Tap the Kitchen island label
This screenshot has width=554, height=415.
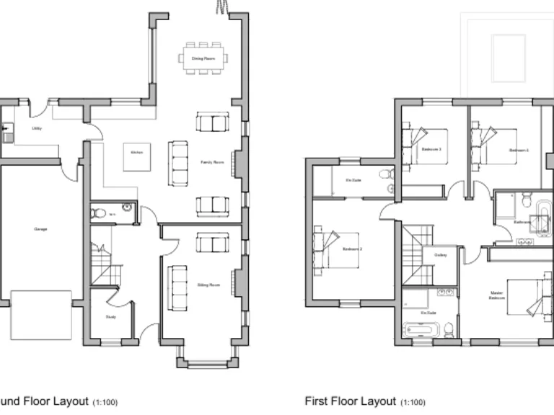[x=136, y=152]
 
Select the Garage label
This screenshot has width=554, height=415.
[x=40, y=229]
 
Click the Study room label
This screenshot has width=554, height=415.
[x=110, y=316]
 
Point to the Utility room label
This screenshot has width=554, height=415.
[x=36, y=128]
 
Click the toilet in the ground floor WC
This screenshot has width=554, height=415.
[x=98, y=213]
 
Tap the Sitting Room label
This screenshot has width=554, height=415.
[x=208, y=285]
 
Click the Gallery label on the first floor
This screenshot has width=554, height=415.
[x=441, y=255]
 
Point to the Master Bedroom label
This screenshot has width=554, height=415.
[x=497, y=295]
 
